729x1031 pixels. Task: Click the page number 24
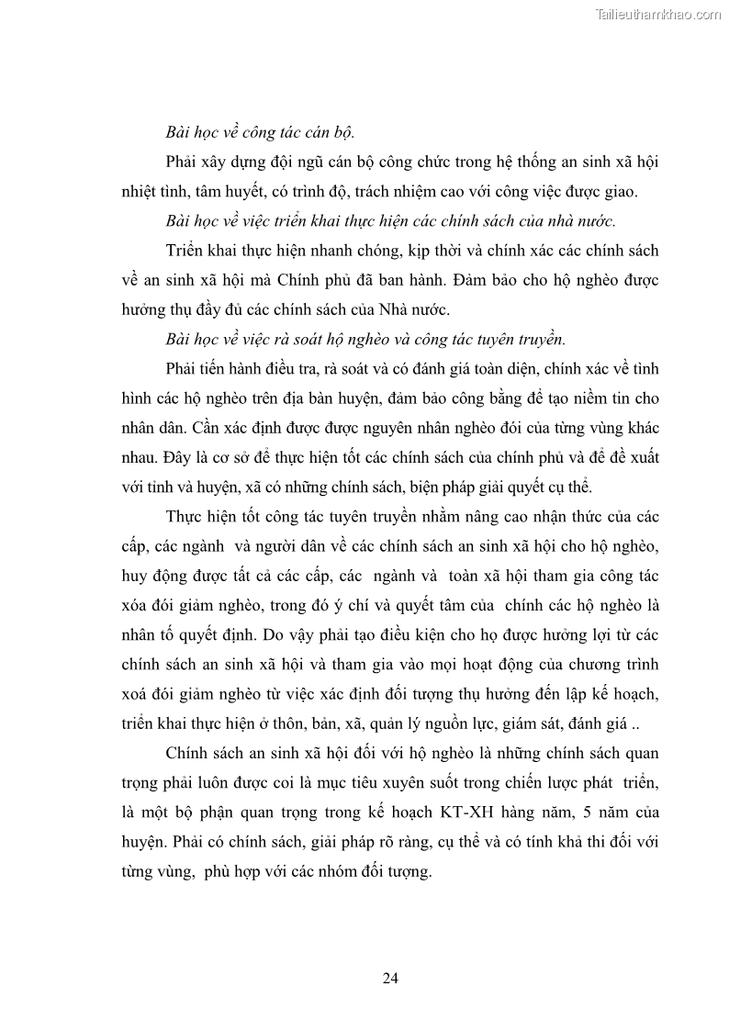coord(390,978)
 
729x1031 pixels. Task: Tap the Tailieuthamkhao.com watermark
coord(658,15)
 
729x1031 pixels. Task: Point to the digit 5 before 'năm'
coord(617,812)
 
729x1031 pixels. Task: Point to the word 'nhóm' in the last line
coord(342,871)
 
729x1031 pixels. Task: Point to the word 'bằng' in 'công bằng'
coord(496,398)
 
